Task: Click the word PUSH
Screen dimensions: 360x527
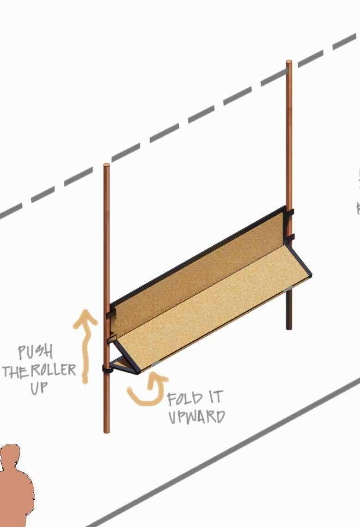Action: coord(35,353)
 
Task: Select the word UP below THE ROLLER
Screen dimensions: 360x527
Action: coord(39,388)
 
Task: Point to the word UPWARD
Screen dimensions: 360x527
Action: coord(196,417)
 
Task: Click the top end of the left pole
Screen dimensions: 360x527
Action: coord(107,165)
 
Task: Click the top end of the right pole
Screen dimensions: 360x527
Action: coord(289,62)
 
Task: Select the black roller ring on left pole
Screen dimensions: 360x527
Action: coord(107,369)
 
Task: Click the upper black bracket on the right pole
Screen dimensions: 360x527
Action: coord(290,215)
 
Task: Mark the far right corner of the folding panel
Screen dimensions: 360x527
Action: coord(310,275)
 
